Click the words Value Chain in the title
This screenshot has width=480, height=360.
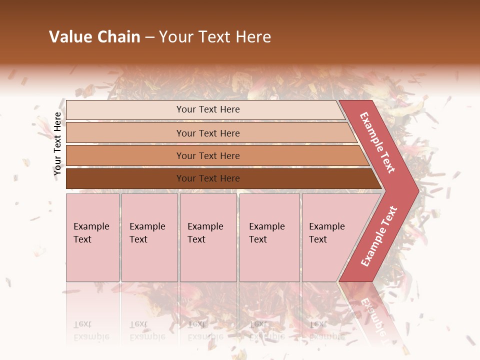coord(94,37)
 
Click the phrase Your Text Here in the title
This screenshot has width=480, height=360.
coord(215,37)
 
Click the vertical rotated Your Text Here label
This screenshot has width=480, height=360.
coord(57,144)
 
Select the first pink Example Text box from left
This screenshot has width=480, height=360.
coord(92,237)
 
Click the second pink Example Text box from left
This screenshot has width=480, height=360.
coord(149,237)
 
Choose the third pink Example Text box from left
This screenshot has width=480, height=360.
coord(208,237)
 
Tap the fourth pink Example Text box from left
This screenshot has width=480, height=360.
coord(269,237)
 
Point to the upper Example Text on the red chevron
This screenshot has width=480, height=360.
coord(377,142)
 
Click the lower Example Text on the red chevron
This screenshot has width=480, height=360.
coord(379,236)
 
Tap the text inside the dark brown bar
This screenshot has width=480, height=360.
coord(208,178)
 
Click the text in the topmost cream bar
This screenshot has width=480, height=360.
coord(208,109)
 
